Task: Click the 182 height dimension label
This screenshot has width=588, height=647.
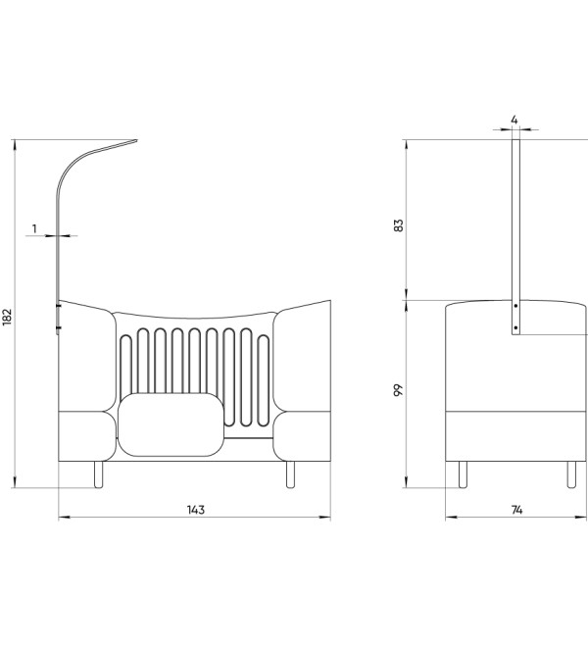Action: pyautogui.click(x=8, y=317)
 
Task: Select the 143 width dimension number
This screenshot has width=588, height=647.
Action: pyautogui.click(x=196, y=510)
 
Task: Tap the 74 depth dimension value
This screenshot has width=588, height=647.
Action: pyautogui.click(x=516, y=511)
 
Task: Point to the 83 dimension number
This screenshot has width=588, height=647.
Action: pyautogui.click(x=399, y=225)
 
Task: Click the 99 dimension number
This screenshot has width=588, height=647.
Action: pyautogui.click(x=399, y=390)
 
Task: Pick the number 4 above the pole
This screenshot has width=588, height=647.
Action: pyautogui.click(x=514, y=120)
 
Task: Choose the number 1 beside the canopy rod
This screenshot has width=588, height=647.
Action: pyautogui.click(x=34, y=228)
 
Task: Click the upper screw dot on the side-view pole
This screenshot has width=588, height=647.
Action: pyautogui.click(x=515, y=306)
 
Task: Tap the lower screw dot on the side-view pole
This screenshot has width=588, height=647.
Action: pyautogui.click(x=515, y=327)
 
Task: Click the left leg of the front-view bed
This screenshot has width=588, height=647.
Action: pyautogui.click(x=98, y=474)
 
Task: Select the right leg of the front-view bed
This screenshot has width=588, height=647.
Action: pyautogui.click(x=290, y=474)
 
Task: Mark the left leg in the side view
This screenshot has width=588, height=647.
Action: pyautogui.click(x=463, y=474)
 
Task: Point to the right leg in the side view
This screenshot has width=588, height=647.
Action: pyautogui.click(x=571, y=474)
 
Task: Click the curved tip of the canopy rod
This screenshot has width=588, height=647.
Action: pyautogui.click(x=136, y=141)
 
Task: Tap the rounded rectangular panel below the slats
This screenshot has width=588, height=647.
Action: pyautogui.click(x=171, y=424)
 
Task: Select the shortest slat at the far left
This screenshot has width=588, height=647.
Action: pyautogui.click(x=125, y=366)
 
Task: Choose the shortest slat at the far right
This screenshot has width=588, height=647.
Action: pyautogui.click(x=264, y=381)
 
